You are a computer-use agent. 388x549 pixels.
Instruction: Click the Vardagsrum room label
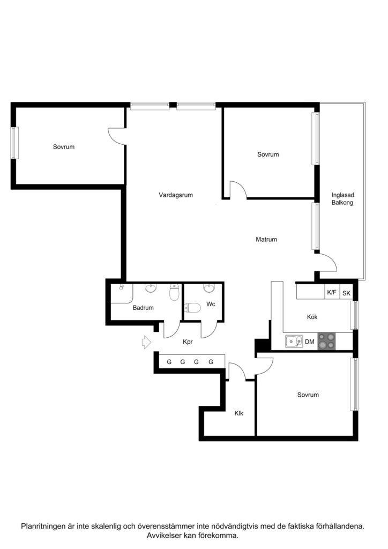tap(175, 195)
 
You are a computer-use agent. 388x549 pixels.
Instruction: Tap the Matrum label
tap(266, 240)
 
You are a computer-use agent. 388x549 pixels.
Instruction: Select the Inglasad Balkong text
tap(342, 199)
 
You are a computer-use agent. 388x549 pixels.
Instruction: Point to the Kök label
tap(312, 317)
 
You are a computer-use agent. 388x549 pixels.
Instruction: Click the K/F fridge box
tap(332, 293)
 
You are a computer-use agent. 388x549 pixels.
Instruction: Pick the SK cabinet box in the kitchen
tap(346, 293)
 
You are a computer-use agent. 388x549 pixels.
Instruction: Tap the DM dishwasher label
tap(310, 341)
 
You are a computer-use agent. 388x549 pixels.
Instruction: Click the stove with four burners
tap(327, 340)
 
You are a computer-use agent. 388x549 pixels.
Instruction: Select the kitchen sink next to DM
tap(293, 340)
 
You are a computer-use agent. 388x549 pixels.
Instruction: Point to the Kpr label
tap(188, 342)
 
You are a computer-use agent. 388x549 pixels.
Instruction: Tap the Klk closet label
tap(238, 413)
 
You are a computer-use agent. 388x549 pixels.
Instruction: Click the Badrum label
tap(144, 308)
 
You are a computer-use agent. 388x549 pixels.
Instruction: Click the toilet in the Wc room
tap(192, 308)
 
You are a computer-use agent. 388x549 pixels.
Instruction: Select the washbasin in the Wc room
tap(210, 290)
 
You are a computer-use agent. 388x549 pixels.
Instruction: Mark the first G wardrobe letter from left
tap(169, 362)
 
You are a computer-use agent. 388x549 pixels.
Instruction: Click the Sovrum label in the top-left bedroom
tap(63, 147)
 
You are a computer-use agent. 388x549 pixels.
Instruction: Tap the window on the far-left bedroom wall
tap(15, 142)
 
